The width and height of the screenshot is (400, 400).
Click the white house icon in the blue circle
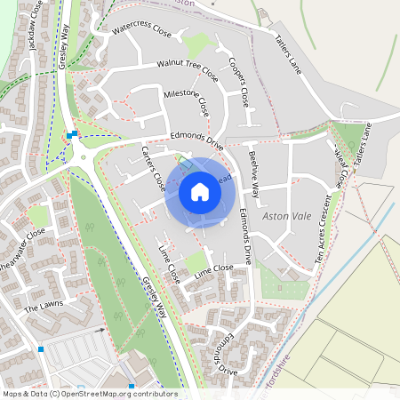(200, 191)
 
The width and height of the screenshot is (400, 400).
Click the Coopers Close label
(238, 82)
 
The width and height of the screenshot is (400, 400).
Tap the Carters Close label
(153, 168)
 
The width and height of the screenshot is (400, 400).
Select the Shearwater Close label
(21, 252)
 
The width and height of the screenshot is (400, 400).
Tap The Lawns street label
(44, 307)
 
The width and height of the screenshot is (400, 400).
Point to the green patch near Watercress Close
(197, 43)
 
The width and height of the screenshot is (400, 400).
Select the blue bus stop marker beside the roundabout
(69, 135)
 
